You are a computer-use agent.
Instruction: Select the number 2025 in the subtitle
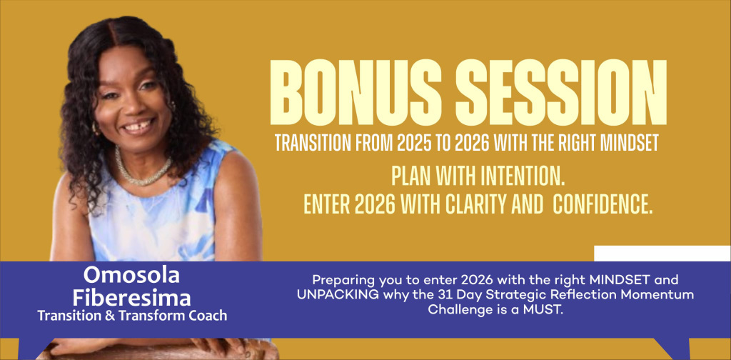pos(415,143)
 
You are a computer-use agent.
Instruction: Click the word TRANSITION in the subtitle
pos(314,143)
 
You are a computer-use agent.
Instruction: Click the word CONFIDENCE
pos(603,205)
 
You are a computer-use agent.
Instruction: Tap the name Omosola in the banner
pos(131,276)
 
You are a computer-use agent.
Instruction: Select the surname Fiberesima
pos(131,298)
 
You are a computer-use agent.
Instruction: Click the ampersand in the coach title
pos(109,316)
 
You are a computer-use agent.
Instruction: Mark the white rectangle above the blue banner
pos(662,253)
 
